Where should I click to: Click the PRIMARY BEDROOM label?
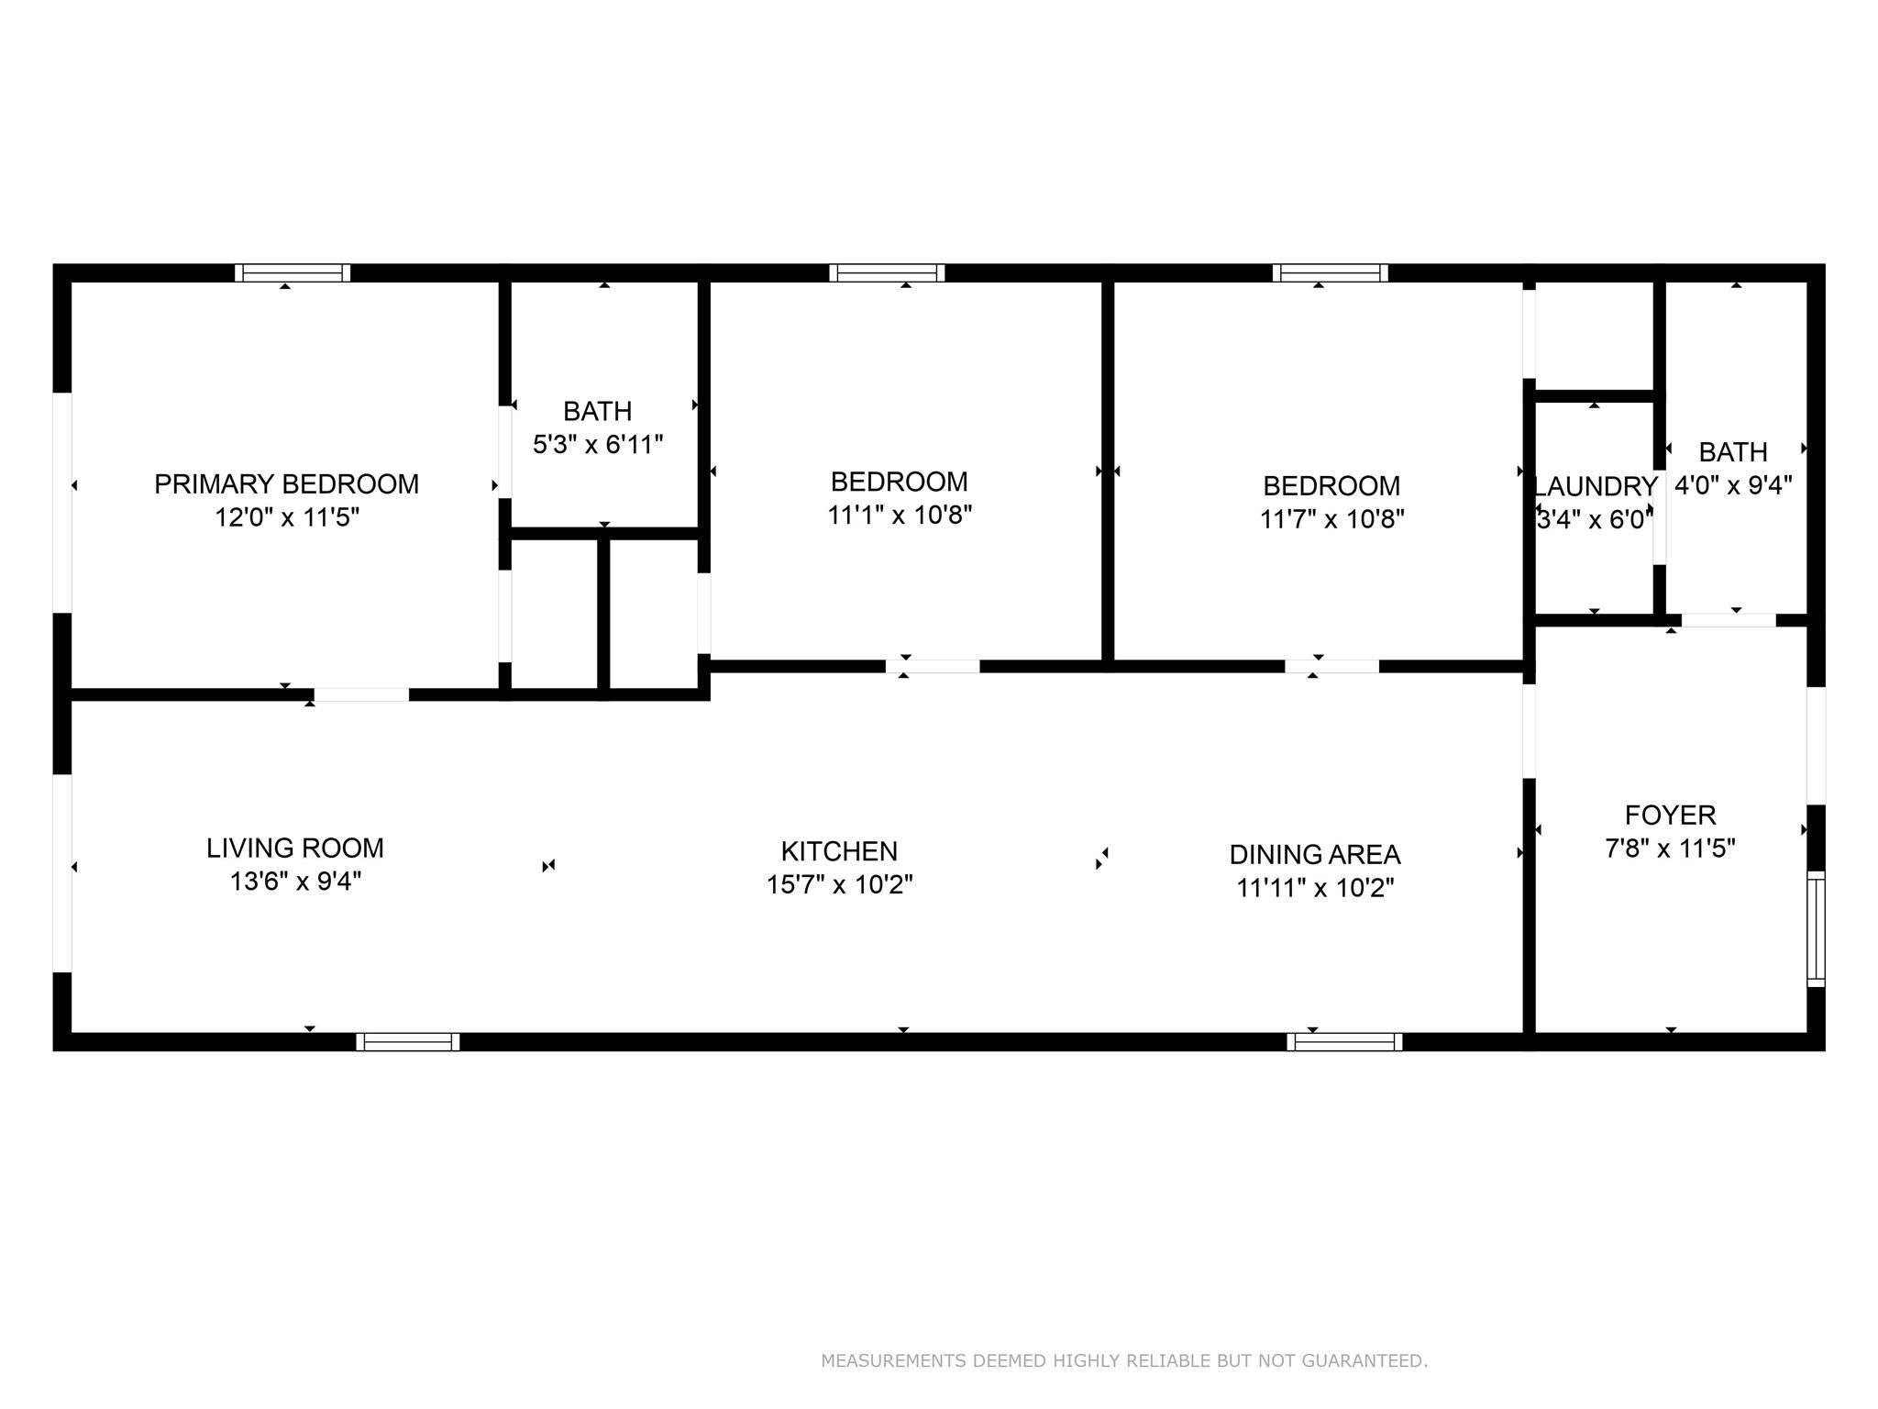pyautogui.click(x=286, y=484)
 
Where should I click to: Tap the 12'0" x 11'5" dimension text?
pyautogui.click(x=286, y=518)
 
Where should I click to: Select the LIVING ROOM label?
pyautogui.click(x=295, y=849)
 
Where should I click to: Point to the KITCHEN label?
pyautogui.click(x=839, y=852)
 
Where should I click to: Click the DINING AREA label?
pyautogui.click(x=1315, y=855)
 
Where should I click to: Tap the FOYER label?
pyautogui.click(x=1671, y=815)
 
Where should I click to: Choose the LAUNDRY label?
pyautogui.click(x=1596, y=486)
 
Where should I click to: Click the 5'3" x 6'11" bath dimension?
pyautogui.click(x=598, y=445)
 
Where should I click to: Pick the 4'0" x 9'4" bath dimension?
pyautogui.click(x=1733, y=485)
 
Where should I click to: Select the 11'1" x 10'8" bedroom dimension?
pyautogui.click(x=900, y=516)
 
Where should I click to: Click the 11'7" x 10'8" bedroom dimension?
pyautogui.click(x=1331, y=519)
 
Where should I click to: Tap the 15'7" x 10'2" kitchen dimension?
pyautogui.click(x=839, y=885)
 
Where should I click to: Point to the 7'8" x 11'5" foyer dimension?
pyautogui.click(x=1671, y=849)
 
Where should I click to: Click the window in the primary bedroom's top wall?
pyautogui.click(x=293, y=272)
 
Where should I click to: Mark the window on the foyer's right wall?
pyautogui.click(x=1816, y=929)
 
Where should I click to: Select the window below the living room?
pyautogui.click(x=408, y=1042)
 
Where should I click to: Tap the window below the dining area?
pyautogui.click(x=1344, y=1042)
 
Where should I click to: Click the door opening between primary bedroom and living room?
pyautogui.click(x=361, y=694)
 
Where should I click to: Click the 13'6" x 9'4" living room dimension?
pyautogui.click(x=295, y=882)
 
